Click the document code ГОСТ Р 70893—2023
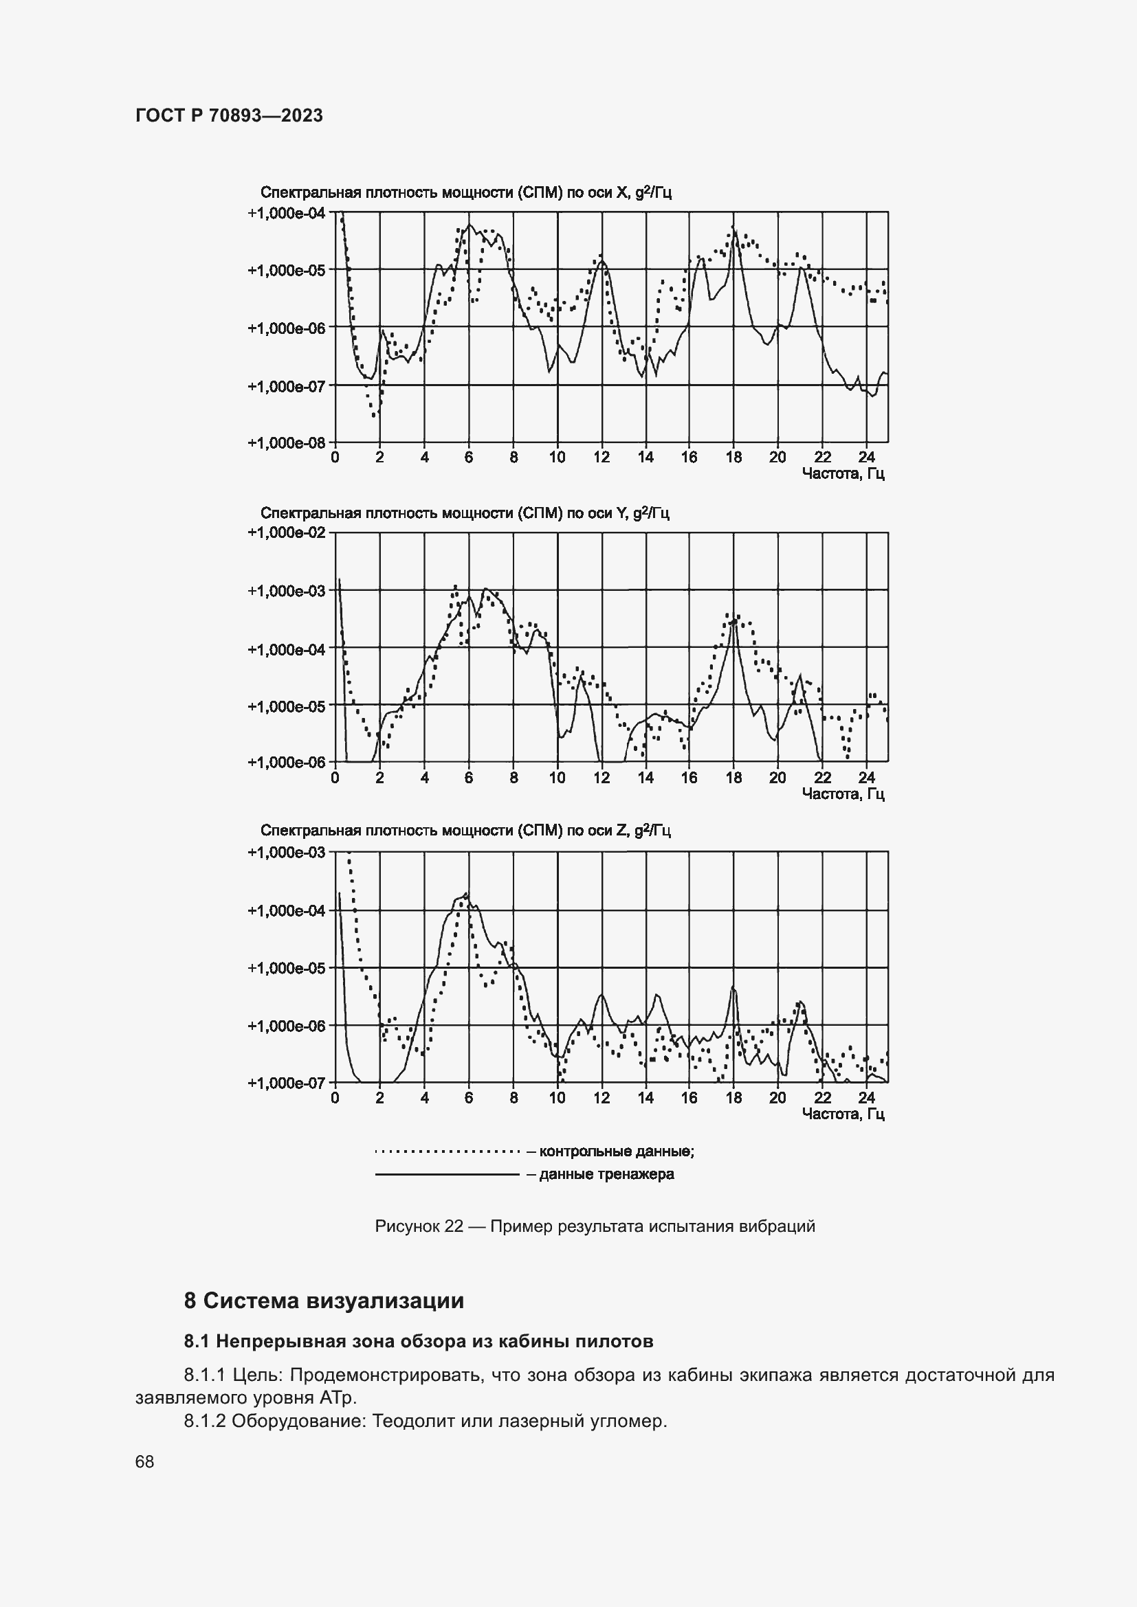229,115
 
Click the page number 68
145,1461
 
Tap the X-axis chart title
465,192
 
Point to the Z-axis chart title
465,830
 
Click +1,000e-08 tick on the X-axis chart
287,442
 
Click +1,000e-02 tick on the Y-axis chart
287,532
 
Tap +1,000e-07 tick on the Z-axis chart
287,1083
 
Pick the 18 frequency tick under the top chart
733,458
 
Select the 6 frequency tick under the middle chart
468,778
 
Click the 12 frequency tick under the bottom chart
601,1097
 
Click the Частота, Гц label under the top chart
843,474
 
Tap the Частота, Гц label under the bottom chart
843,1114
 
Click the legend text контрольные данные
616,1151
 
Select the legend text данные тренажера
606,1173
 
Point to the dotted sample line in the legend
447,1151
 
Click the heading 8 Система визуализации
324,1301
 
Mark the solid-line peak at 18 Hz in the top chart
733,229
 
